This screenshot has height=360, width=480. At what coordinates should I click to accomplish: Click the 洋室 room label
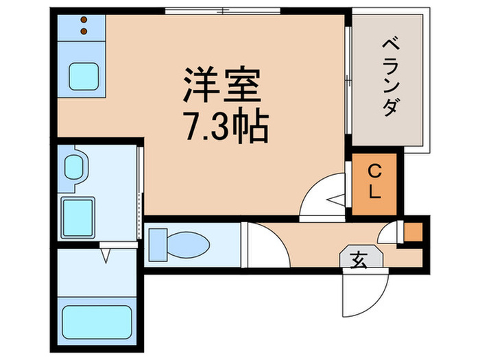click(221, 85)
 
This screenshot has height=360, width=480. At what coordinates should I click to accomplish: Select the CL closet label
click(374, 182)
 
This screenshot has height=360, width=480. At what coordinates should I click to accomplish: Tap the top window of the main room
click(223, 11)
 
